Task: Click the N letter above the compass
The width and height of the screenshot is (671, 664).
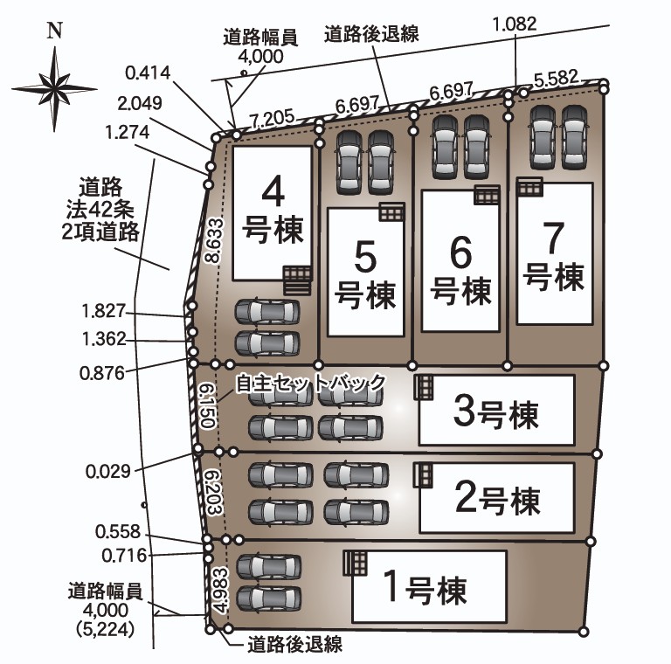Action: (55, 31)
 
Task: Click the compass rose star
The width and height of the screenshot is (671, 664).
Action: (54, 88)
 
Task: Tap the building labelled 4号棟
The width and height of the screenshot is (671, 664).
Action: (273, 213)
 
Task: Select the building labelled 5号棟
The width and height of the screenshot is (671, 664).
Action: (366, 272)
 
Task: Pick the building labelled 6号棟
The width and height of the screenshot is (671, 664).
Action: (461, 261)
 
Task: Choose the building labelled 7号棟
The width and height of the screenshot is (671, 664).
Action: (555, 253)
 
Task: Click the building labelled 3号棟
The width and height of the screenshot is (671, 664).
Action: (496, 411)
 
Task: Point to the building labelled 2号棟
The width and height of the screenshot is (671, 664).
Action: (496, 498)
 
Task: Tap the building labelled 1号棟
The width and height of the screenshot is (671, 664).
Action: (429, 586)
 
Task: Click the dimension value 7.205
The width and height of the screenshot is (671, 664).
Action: (273, 120)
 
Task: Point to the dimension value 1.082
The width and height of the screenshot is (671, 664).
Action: (515, 24)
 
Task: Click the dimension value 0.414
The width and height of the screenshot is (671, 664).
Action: (148, 73)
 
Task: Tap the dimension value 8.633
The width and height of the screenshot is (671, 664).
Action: (214, 240)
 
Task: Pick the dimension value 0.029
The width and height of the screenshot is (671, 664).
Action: (107, 472)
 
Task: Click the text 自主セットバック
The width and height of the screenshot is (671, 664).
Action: (311, 383)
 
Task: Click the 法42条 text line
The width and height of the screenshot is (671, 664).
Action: (100, 210)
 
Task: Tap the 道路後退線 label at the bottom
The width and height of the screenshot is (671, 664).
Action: (294, 644)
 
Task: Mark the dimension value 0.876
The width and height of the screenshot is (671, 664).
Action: (102, 374)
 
